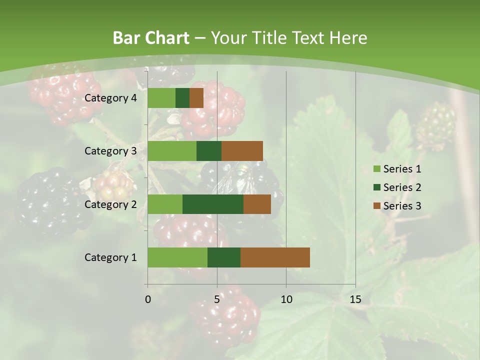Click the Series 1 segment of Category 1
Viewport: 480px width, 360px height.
(177, 257)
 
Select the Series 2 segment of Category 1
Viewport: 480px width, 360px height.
(224, 257)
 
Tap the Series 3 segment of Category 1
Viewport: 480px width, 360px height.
(275, 257)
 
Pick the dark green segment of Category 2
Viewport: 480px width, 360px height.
(213, 204)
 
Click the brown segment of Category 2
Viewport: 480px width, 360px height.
(257, 204)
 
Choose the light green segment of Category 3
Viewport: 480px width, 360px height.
(172, 151)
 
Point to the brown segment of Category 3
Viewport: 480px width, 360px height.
(242, 151)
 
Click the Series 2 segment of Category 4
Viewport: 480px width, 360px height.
(182, 98)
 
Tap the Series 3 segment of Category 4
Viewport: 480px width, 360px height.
(196, 98)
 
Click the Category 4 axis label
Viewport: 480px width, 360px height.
(110, 98)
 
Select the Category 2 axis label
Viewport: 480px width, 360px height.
(110, 204)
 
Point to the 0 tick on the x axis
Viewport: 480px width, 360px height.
(148, 299)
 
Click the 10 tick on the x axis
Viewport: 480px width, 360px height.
(286, 299)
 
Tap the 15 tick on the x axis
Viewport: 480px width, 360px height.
(355, 299)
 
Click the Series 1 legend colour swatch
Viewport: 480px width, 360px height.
(376, 169)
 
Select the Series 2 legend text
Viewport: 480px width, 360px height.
(402, 187)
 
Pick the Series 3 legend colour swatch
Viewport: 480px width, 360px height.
(376, 206)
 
